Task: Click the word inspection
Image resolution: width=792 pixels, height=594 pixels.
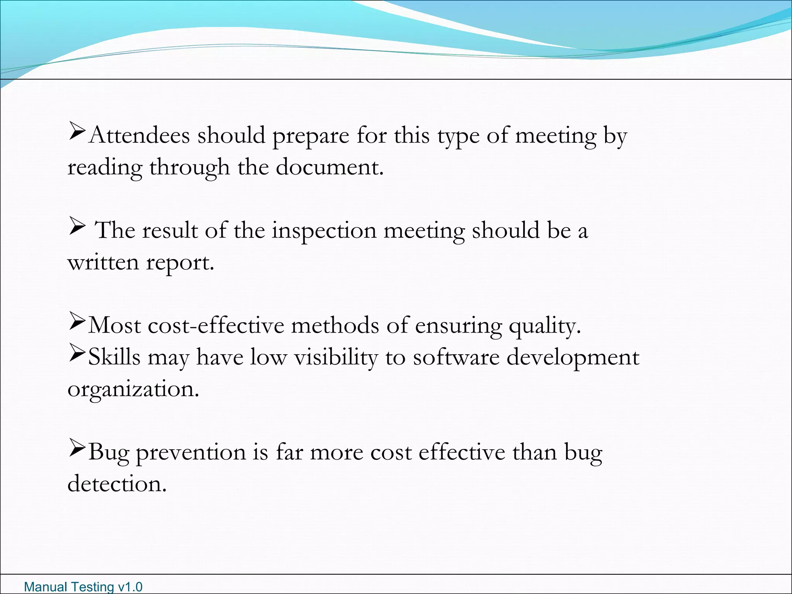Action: [x=324, y=230]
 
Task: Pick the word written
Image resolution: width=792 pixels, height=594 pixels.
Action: [x=103, y=263]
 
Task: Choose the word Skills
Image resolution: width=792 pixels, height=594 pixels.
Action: [x=114, y=357]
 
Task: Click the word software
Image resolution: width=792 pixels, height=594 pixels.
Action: [x=456, y=357]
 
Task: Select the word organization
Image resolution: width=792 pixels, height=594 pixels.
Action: [x=133, y=390]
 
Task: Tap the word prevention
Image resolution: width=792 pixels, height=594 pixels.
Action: [x=191, y=452]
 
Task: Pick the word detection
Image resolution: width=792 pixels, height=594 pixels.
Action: [x=117, y=484]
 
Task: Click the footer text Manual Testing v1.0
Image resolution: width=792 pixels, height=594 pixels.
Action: [x=83, y=587]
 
